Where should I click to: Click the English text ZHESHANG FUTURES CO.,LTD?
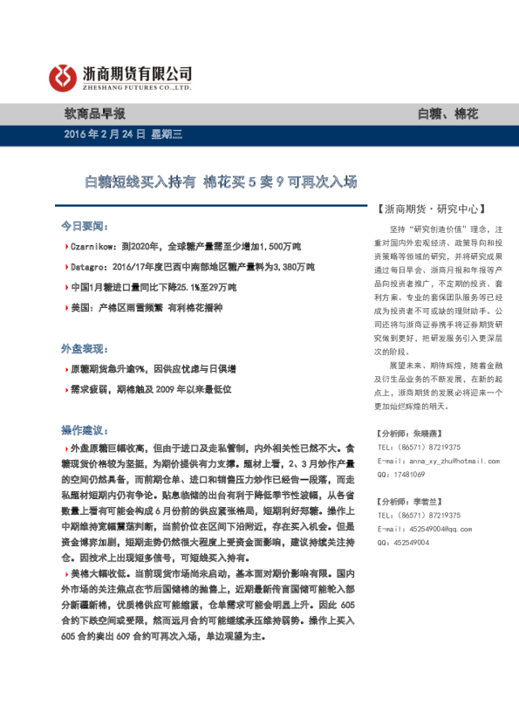point(137,88)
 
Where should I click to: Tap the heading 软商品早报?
point(94,113)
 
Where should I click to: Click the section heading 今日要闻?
point(84,224)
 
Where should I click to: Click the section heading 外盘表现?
point(84,347)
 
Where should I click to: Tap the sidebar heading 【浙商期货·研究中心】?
point(429,209)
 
